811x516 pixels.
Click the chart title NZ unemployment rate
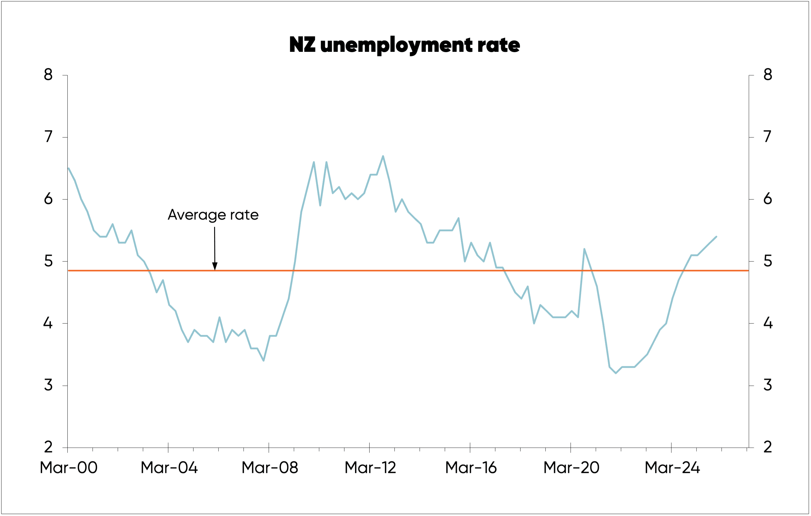(x=405, y=45)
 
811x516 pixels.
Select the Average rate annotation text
(x=213, y=215)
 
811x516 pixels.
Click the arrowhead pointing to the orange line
(x=215, y=266)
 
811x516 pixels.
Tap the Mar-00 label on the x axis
(x=68, y=467)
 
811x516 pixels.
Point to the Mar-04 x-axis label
(x=169, y=467)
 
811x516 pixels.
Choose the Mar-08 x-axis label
(x=270, y=467)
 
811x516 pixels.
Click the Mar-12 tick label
(x=370, y=467)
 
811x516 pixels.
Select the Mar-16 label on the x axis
(x=471, y=467)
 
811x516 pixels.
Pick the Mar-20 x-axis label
(x=571, y=467)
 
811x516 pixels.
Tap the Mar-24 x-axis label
(x=672, y=467)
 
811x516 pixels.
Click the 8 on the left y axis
(x=48, y=75)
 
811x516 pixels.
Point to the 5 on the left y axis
(x=48, y=261)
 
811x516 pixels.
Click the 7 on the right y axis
(x=768, y=137)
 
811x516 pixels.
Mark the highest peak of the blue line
(x=383, y=156)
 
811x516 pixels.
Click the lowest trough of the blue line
(x=616, y=373)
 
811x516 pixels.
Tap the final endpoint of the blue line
(x=716, y=237)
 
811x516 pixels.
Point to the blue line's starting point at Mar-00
(x=69, y=168)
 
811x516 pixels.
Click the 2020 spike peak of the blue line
(x=584, y=249)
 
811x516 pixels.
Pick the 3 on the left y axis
(x=48, y=385)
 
